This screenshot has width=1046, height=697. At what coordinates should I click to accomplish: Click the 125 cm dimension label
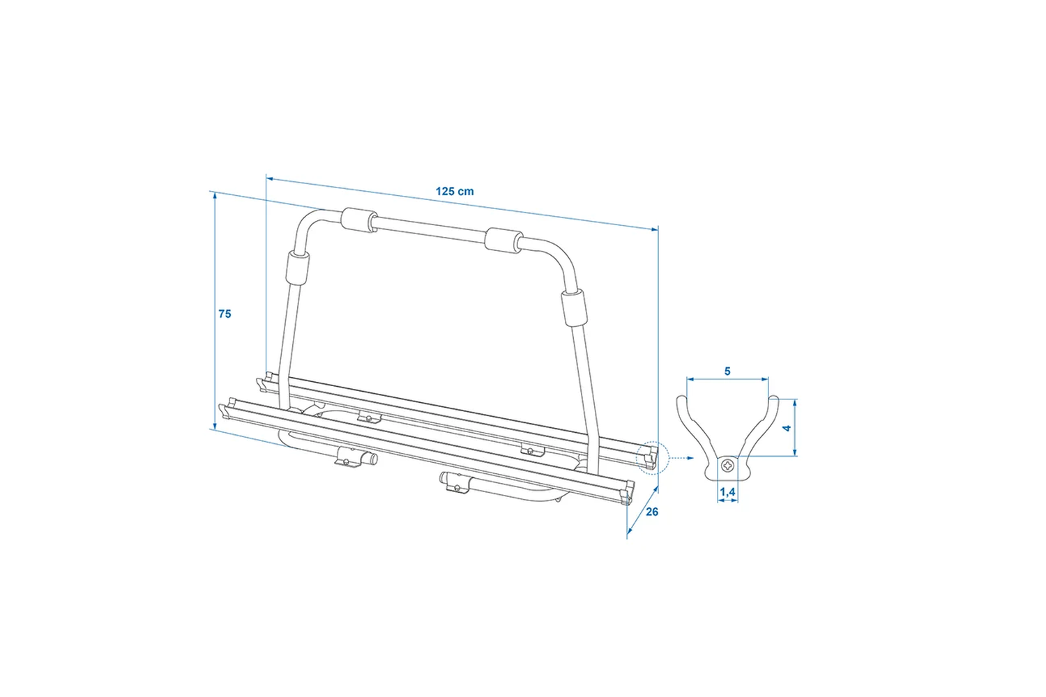455,192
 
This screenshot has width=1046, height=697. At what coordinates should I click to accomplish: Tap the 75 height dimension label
225,314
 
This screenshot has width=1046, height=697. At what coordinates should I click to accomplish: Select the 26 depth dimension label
652,512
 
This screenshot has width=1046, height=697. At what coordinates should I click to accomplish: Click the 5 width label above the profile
727,371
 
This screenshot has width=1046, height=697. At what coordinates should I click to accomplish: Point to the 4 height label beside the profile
787,428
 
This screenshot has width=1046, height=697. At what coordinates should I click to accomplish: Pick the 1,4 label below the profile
727,492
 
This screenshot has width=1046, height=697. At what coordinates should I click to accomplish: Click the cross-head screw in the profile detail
727,466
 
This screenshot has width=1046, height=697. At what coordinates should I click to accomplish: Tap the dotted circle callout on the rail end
652,458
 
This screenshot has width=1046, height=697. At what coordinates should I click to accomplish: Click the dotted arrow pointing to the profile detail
682,458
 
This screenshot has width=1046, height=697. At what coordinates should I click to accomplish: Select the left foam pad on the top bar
358,220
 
